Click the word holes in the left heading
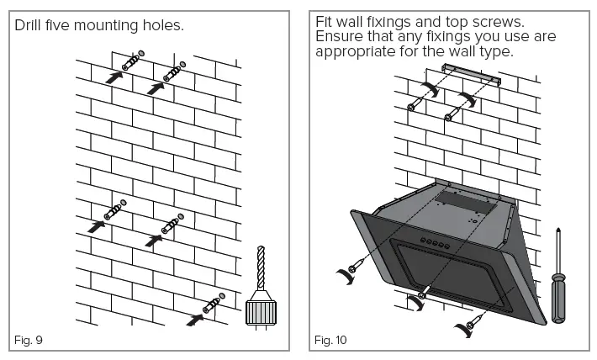click(x=156, y=26)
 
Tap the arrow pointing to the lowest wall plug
click(x=195, y=319)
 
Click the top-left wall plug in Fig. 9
click(x=130, y=62)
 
